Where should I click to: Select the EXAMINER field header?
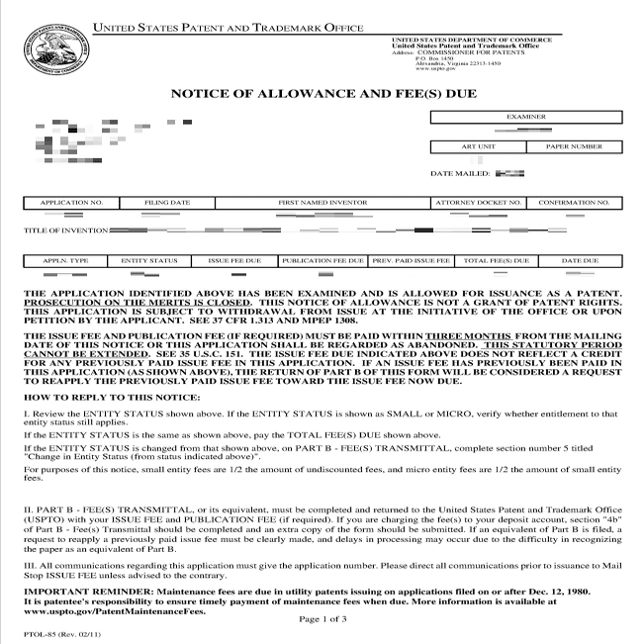tap(525, 117)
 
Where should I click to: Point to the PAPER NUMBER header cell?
tap(573, 146)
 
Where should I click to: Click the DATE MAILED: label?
tap(460, 173)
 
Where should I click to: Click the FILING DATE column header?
tap(167, 202)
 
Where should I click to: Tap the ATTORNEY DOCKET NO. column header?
tap(478, 202)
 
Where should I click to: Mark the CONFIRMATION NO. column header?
tap(574, 202)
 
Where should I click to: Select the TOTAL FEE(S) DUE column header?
tap(497, 261)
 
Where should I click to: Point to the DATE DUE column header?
tap(580, 261)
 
